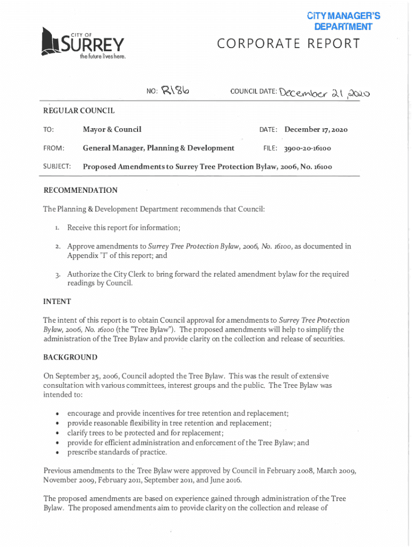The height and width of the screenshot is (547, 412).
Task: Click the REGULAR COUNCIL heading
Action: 79,111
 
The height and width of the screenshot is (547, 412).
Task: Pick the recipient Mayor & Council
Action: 112,129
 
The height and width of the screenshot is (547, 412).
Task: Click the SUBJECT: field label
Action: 57,167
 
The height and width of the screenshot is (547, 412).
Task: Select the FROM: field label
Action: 54,148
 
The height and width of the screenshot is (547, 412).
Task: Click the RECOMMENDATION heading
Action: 80,190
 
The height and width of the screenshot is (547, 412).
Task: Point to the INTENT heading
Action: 57,301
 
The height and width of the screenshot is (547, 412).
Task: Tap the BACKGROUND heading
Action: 70,357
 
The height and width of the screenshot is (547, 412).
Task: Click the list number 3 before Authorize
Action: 58,275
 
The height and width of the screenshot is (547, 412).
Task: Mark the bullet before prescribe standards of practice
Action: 57,452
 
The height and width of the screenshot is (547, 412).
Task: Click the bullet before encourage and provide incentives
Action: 57,414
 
